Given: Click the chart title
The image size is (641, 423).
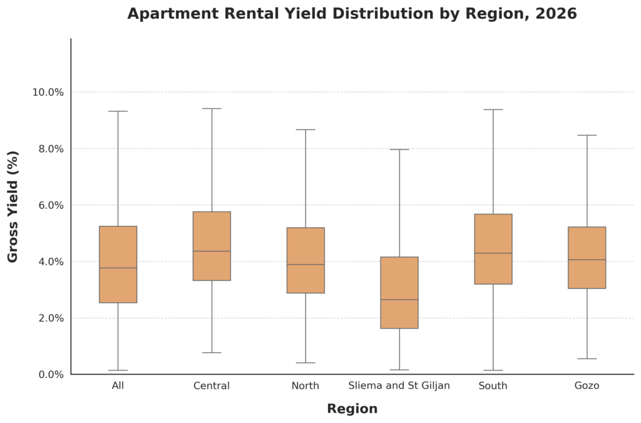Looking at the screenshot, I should pyautogui.click(x=352, y=14).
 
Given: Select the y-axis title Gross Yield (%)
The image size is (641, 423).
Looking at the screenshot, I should pyautogui.click(x=13, y=206).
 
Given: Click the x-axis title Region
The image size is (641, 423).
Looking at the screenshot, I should pyautogui.click(x=352, y=409).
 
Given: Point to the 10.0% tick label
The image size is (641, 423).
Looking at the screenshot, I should pyautogui.click(x=48, y=92).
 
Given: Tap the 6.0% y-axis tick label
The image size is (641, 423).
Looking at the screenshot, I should pyautogui.click(x=48, y=205).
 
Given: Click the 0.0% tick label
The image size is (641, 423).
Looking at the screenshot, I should pyautogui.click(x=48, y=374).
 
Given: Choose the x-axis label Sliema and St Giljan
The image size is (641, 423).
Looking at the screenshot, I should pyautogui.click(x=399, y=385).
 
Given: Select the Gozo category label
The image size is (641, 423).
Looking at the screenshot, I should pyautogui.click(x=587, y=385).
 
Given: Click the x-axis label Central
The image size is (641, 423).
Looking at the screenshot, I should pyautogui.click(x=212, y=385).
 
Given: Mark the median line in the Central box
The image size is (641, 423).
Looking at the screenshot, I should pyautogui.click(x=212, y=251).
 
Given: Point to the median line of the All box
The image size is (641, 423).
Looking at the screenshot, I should pyautogui.click(x=118, y=268).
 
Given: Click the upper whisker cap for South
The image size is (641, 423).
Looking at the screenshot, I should pyautogui.click(x=493, y=110).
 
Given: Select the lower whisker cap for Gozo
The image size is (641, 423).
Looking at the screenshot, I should pyautogui.click(x=587, y=359).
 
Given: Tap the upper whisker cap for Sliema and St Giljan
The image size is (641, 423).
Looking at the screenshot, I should pyautogui.click(x=399, y=150).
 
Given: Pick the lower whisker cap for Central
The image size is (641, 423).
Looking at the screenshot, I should pyautogui.click(x=212, y=352).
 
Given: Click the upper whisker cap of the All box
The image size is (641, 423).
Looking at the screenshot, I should pyautogui.click(x=118, y=111).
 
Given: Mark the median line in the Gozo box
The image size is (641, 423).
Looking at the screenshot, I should pyautogui.click(x=587, y=260).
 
